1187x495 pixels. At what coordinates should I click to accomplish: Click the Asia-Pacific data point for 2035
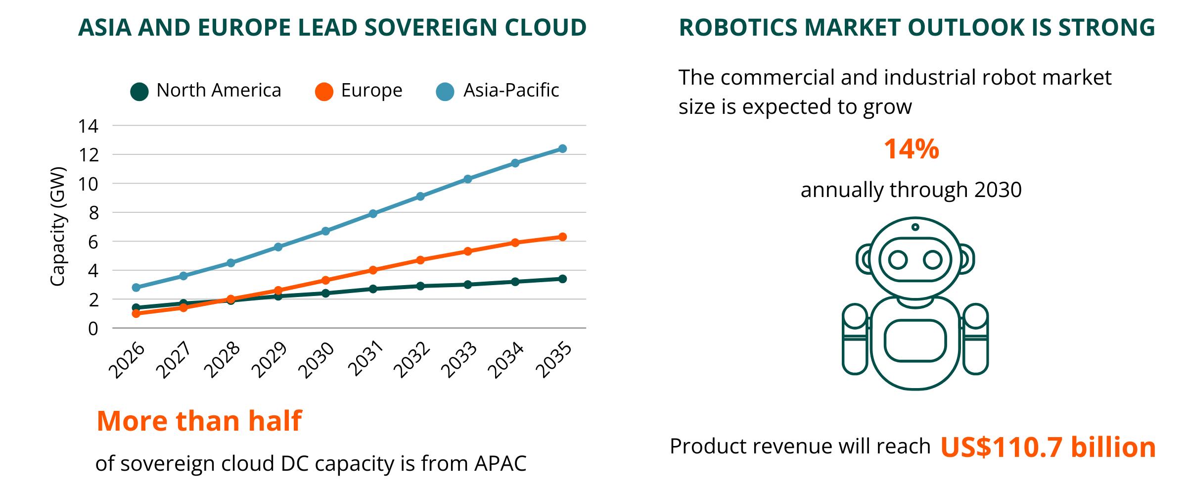coord(562,148)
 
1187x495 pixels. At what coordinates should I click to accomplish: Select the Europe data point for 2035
coord(562,237)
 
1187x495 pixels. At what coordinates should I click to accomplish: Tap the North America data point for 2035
coord(562,279)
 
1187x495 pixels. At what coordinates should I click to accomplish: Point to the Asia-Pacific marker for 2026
coord(136,288)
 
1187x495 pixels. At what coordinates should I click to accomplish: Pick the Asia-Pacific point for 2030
coord(325,231)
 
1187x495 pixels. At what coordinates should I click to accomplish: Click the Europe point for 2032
coord(420,260)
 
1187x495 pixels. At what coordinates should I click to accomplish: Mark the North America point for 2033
coord(468,285)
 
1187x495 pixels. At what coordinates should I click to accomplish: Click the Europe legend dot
coord(324,92)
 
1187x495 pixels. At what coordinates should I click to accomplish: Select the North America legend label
coord(219,91)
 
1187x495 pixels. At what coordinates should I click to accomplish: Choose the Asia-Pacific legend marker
coord(445,92)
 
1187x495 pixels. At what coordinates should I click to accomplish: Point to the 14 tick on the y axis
coord(89,126)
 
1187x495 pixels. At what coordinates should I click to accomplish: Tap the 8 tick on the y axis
coord(93,213)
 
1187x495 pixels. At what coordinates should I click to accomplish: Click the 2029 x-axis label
coord(269,360)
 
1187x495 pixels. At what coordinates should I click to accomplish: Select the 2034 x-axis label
coord(505,360)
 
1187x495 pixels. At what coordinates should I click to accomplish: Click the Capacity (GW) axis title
coord(58,226)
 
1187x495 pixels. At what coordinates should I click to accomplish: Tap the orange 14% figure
coord(911,149)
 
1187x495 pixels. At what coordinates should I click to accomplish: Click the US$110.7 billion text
coord(1048,447)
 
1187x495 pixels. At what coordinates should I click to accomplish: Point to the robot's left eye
coord(898,259)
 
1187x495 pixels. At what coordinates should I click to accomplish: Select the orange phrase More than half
coord(199,421)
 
